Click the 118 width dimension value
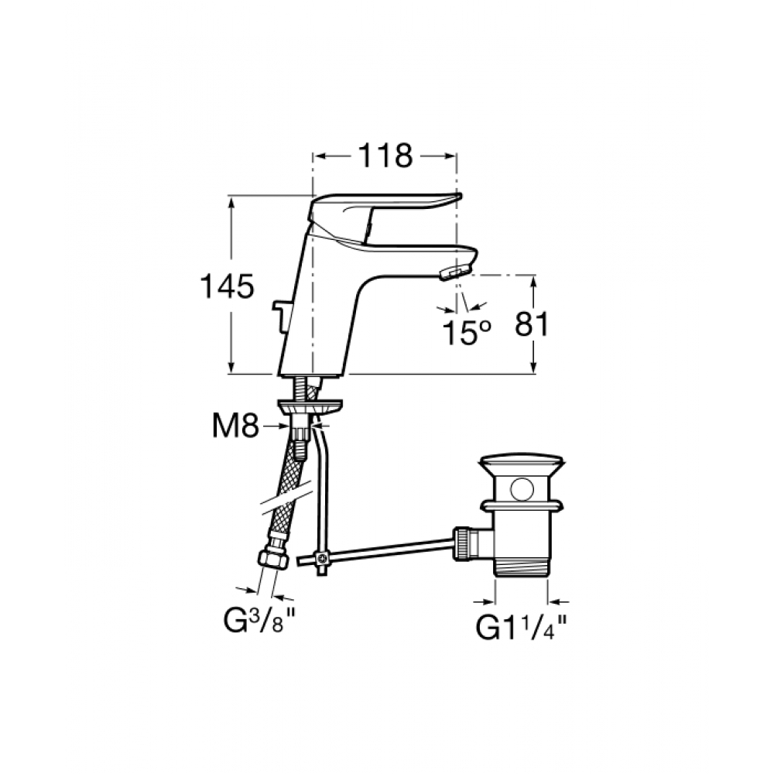click(385, 156)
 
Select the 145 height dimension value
click(227, 286)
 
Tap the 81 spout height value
click(532, 325)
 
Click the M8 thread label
click(235, 426)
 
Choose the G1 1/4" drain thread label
click(521, 628)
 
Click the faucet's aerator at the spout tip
click(453, 272)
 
